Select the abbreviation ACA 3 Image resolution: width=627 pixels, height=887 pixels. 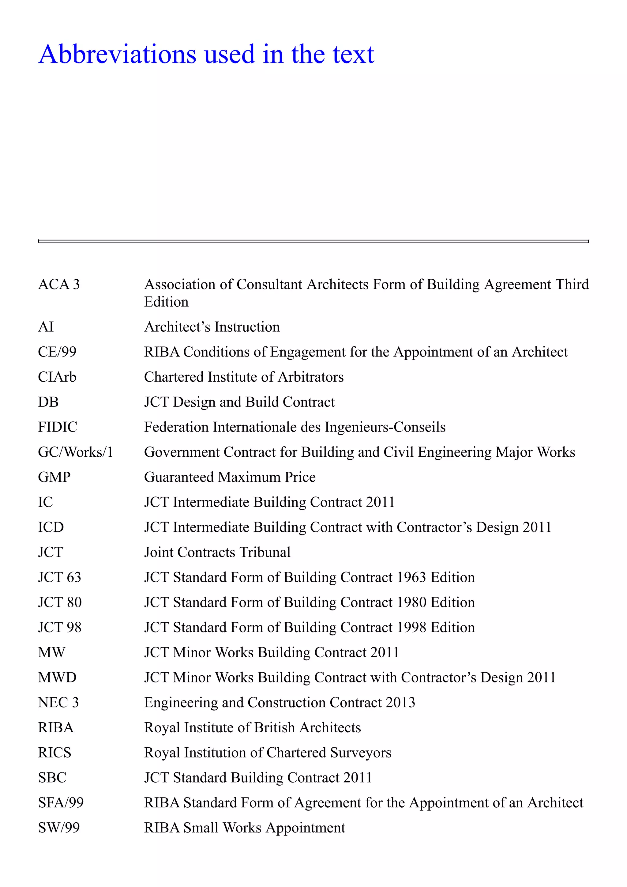[x=59, y=284]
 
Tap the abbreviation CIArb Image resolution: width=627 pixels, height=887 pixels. [x=57, y=377]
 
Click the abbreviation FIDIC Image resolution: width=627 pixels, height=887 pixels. [x=58, y=427]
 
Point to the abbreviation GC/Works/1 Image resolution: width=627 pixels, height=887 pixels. [x=75, y=452]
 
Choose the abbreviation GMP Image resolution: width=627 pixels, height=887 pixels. [x=54, y=477]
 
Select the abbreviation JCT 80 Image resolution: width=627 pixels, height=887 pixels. [x=59, y=602]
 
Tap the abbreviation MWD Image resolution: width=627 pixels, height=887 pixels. [x=57, y=677]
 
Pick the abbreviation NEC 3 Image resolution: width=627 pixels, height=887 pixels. [x=58, y=702]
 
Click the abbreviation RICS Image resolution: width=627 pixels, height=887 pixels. [x=54, y=753]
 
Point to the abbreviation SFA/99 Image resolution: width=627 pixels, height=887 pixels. [x=61, y=802]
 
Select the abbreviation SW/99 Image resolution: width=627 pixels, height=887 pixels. [x=59, y=828]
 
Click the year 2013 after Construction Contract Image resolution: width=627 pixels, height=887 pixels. [x=400, y=702]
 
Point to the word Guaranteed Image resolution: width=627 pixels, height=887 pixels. [x=179, y=477]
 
